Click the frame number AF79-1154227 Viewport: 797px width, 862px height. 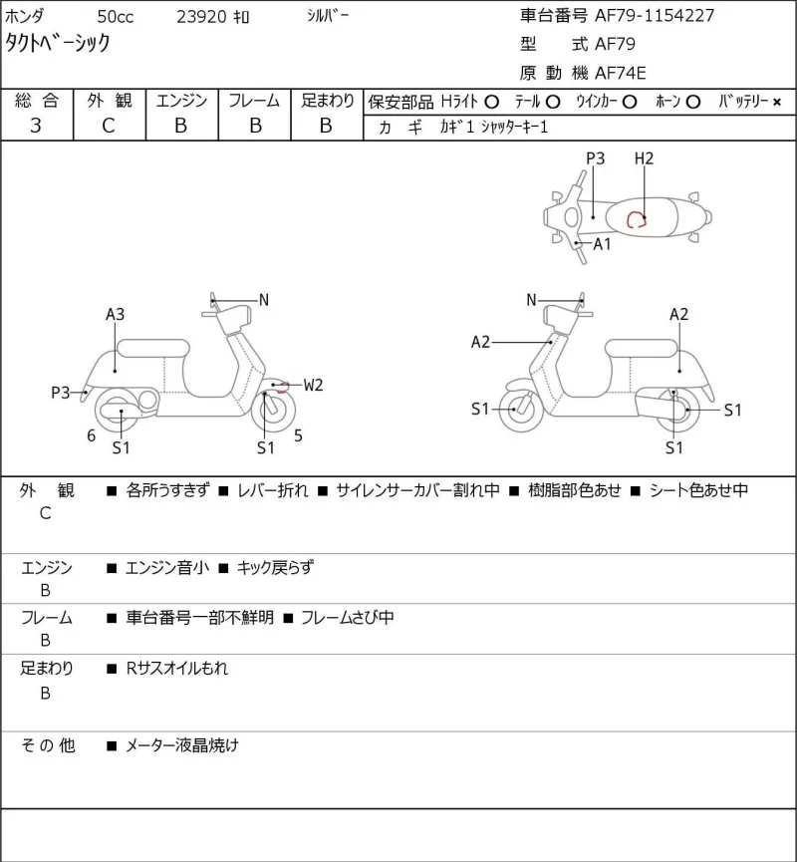pos(655,15)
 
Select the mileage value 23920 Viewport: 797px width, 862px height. pos(201,17)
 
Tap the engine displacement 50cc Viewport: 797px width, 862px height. pos(116,17)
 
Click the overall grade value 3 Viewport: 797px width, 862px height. pos(36,126)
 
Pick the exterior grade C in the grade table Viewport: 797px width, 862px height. pos(109,126)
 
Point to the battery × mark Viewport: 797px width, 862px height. pos(777,103)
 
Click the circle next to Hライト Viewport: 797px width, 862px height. pos(492,103)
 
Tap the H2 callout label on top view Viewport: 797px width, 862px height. pos(644,158)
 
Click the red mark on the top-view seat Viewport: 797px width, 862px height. pos(636,220)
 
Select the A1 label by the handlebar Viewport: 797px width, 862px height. pos(602,244)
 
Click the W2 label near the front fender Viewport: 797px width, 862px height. pos(313,386)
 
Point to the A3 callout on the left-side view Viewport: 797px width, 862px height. pos(115,315)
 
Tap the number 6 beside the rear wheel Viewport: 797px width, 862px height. pos(92,435)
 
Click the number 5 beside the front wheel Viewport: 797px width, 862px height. pos(298,435)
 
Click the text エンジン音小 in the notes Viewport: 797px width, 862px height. pos(167,568)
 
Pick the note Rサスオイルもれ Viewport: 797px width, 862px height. pos(177,669)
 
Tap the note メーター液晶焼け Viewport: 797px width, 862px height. pos(182,746)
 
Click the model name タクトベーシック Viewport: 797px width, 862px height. pos(58,43)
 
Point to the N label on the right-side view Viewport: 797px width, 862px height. pos(531,300)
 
